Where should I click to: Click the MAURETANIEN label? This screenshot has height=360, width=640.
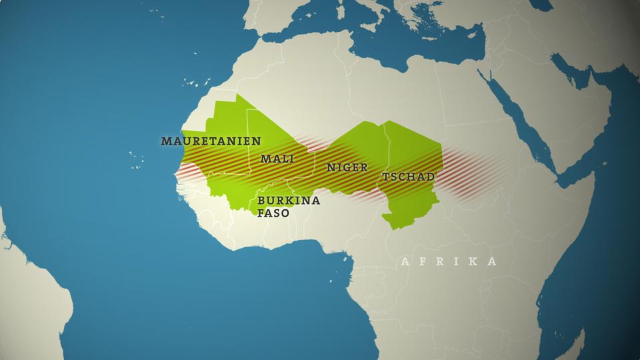click(210, 141)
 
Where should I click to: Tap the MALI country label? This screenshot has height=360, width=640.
click(277, 159)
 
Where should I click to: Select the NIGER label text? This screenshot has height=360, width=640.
click(347, 167)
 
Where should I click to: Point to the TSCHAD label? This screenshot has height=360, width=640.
click(408, 177)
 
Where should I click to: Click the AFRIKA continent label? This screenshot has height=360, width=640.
click(448, 261)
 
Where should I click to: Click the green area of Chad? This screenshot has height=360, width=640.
click(413, 153)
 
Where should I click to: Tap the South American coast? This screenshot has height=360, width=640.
click(27, 300)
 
